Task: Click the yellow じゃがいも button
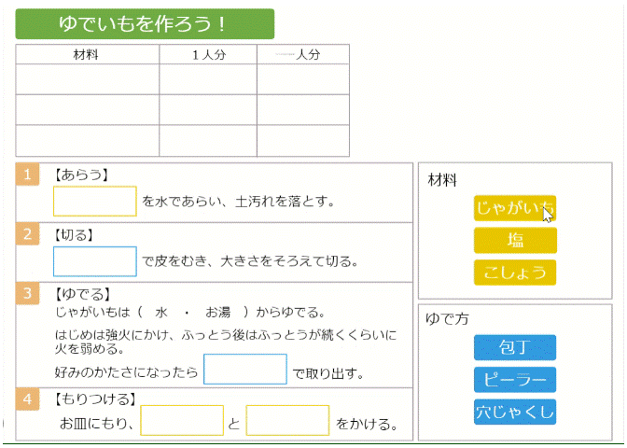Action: [515, 208]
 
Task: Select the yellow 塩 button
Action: [515, 241]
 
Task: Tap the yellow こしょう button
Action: [515, 273]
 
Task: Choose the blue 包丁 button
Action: [515, 347]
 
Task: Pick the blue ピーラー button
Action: [515, 380]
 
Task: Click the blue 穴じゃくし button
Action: [515, 412]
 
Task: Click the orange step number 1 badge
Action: [28, 175]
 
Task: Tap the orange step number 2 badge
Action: [28, 234]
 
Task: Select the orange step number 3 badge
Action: [28, 293]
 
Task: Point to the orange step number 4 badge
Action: [28, 399]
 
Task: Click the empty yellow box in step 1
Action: [95, 202]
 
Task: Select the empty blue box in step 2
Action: [95, 261]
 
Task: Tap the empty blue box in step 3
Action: [245, 370]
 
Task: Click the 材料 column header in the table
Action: [86, 54]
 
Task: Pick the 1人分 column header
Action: [209, 54]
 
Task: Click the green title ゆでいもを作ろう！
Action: [145, 24]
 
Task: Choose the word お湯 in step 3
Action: [218, 312]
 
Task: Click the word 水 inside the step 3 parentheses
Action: [161, 312]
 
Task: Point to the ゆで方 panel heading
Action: [447, 319]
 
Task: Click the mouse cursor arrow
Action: [548, 215]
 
